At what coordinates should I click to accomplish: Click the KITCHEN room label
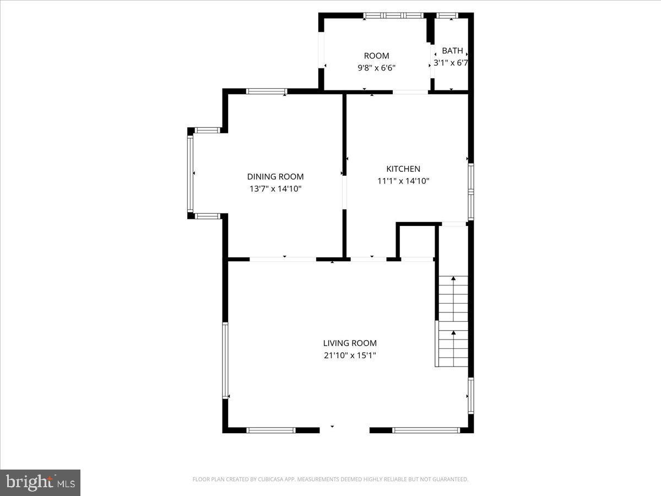(403, 169)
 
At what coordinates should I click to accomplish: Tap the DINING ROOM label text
(275, 176)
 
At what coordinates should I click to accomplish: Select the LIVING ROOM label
(350, 343)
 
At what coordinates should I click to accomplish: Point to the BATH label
(452, 51)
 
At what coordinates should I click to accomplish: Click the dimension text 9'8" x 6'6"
(377, 68)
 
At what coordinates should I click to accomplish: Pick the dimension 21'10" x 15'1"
(350, 355)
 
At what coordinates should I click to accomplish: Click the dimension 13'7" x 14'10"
(275, 188)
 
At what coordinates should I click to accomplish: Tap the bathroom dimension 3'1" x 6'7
(451, 63)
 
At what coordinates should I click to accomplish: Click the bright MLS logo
(40, 483)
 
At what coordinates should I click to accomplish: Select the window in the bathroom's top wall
(447, 15)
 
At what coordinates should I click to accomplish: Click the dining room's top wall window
(266, 91)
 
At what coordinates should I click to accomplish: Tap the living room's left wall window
(225, 360)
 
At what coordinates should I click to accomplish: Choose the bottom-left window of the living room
(270, 430)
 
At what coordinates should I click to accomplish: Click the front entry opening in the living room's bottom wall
(344, 430)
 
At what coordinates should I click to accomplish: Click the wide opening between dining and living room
(283, 259)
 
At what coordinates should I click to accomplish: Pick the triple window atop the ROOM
(393, 15)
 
